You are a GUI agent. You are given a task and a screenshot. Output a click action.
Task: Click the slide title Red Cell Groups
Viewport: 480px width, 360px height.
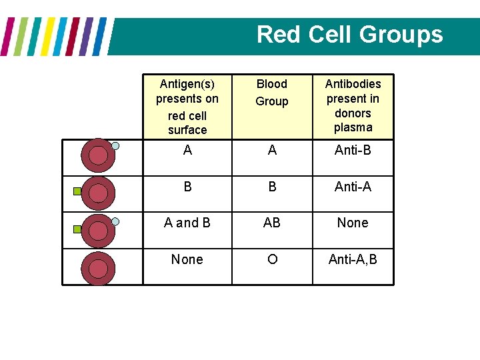(349, 34)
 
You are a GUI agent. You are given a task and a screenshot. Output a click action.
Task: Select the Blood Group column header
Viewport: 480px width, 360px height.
(272, 93)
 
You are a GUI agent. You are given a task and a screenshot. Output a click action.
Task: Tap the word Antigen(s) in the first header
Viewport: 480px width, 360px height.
(187, 84)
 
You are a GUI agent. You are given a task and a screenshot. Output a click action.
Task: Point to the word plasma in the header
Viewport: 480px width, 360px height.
(353, 127)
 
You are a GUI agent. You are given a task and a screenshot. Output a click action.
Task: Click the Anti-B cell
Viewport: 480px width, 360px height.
(353, 150)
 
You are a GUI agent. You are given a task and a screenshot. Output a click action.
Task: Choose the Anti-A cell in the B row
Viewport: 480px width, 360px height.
(353, 187)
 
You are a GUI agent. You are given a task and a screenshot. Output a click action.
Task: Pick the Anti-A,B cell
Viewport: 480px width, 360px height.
(353, 259)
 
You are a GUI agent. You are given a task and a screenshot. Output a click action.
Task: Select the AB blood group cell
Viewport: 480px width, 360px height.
(272, 223)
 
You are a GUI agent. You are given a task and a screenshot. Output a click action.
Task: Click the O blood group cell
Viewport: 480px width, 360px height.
(272, 259)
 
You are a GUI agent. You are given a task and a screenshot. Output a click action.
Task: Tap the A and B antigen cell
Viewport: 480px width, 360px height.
(187, 223)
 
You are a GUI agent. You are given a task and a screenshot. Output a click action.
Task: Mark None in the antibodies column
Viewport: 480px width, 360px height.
(353, 223)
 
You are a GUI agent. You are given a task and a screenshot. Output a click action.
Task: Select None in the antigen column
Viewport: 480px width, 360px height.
(187, 259)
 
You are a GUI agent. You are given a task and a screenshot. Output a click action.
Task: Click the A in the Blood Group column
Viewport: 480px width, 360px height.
(272, 150)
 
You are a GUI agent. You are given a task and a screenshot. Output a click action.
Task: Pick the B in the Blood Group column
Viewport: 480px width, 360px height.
(272, 187)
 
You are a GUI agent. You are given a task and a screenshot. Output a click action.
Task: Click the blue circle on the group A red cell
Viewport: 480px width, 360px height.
(115, 145)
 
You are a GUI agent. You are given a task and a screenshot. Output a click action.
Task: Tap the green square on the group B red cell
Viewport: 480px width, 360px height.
(77, 192)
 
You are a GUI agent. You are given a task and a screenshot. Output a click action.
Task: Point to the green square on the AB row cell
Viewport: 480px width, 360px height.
(77, 229)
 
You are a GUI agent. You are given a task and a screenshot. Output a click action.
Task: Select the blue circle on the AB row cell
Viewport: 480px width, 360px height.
(115, 221)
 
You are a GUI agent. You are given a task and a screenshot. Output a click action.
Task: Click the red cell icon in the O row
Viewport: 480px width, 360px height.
(98, 269)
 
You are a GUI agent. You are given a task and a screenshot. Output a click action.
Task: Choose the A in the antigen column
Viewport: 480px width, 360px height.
(187, 150)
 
